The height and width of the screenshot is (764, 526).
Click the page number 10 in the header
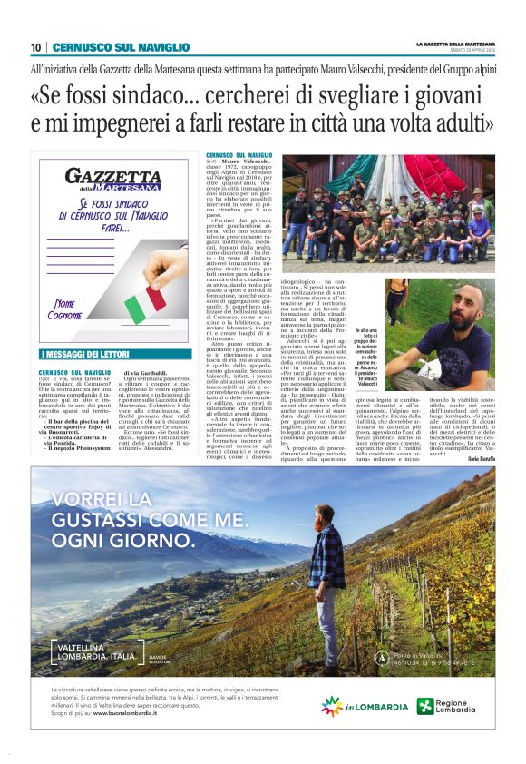point(36,47)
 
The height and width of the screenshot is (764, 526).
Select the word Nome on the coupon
point(68,305)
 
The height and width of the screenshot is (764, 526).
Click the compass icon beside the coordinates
point(361,653)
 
